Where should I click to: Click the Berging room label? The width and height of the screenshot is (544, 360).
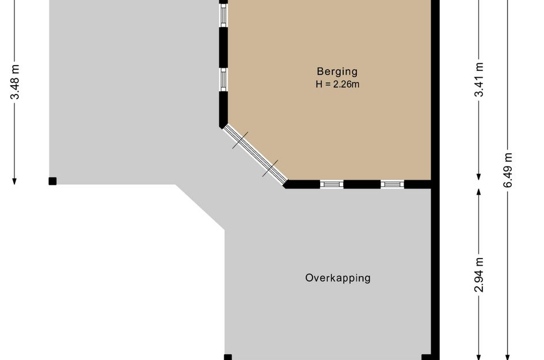click(337, 71)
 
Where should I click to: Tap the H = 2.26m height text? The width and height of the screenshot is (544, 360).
click(337, 84)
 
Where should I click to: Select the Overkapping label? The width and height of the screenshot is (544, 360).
click(338, 278)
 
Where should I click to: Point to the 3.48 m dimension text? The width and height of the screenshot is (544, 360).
click(14, 82)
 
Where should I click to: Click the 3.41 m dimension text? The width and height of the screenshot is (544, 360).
click(479, 79)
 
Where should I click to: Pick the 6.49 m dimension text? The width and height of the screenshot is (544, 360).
click(508, 170)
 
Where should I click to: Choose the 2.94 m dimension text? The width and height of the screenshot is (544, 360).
click(479, 275)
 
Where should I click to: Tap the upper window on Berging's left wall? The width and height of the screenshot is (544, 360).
click(223, 16)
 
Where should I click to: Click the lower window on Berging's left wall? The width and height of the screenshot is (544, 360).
click(223, 79)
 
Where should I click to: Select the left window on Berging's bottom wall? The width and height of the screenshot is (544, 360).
click(332, 184)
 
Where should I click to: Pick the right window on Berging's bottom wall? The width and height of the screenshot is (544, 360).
click(393, 184)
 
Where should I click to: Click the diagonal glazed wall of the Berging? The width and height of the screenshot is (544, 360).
click(255, 154)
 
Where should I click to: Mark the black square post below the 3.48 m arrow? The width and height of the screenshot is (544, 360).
click(52, 181)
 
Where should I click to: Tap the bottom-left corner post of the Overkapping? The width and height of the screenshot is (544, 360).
click(228, 357)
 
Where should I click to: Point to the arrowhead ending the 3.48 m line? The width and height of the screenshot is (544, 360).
click(14, 181)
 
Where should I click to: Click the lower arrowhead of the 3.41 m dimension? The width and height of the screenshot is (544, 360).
click(479, 177)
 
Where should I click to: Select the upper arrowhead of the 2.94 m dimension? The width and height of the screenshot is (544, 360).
click(479, 192)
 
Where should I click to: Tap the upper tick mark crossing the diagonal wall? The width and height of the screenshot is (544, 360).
click(240, 140)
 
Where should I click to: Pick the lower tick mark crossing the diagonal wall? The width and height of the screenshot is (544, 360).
click(270, 168)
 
